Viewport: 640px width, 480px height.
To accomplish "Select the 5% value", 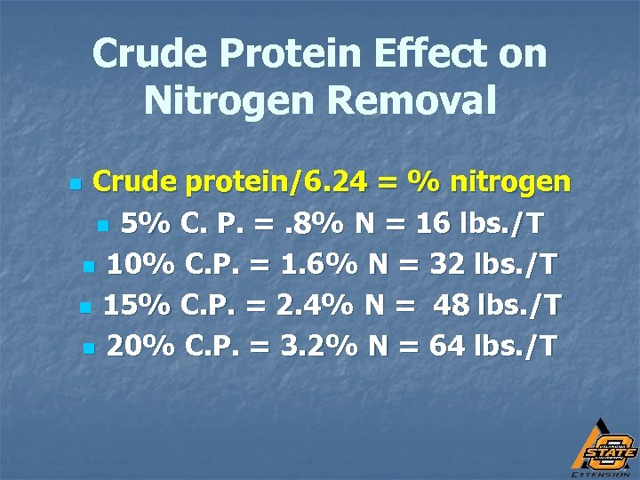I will point(147,223).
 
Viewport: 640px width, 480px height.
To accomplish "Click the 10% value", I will point(140,264).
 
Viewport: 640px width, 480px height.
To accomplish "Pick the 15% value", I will point(138,305).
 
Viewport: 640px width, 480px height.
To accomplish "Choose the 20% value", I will point(140,346).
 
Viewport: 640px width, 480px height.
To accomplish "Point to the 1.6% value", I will point(305,264).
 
